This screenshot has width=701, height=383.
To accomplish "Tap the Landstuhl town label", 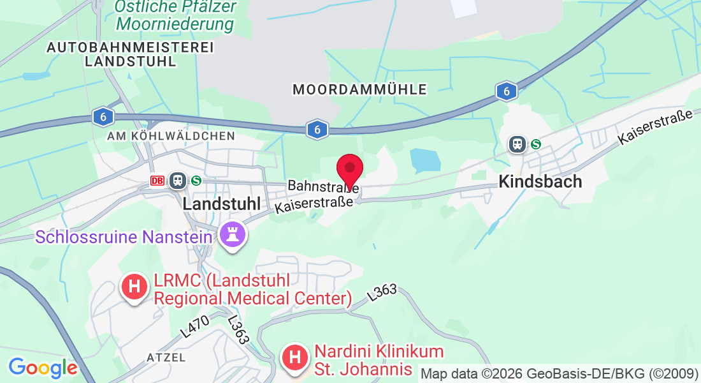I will click(222, 204).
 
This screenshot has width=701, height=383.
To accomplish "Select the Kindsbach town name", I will click(540, 181).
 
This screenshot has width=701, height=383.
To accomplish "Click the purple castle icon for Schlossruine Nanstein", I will click(232, 235).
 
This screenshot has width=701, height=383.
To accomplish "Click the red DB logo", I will click(157, 181).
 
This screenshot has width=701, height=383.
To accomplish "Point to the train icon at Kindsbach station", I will click(517, 144).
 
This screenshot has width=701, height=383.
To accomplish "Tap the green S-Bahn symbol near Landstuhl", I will click(196, 181).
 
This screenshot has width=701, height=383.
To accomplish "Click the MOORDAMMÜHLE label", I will click(359, 90).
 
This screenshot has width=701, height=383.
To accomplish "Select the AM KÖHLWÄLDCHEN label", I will click(171, 136).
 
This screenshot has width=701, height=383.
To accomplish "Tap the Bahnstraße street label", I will click(323, 186).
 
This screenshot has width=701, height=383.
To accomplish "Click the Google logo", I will click(43, 368).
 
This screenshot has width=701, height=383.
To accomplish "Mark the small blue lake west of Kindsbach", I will click(425, 160).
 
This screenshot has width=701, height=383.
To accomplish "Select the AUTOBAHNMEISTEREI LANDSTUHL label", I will click(130, 54).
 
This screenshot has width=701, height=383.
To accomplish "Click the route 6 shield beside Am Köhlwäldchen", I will click(103, 117).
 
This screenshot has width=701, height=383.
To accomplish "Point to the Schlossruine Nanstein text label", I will click(123, 237).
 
